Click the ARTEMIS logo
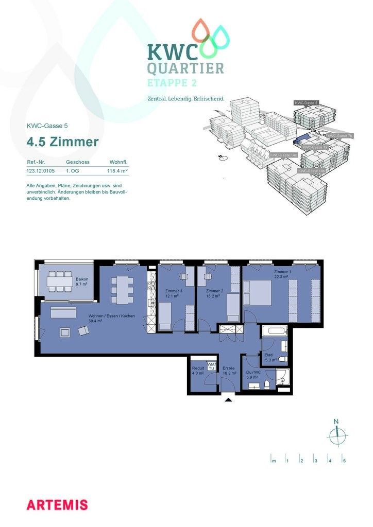[x=57, y=504]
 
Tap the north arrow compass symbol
[x=337, y=435]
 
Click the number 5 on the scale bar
[x=344, y=461]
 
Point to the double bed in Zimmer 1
[x=260, y=292]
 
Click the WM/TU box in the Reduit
[x=211, y=366]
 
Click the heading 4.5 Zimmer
[x=62, y=142]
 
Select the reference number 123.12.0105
[x=41, y=170]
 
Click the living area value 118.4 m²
[x=117, y=170]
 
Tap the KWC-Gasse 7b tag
[x=340, y=136]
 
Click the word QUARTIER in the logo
[x=185, y=68]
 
